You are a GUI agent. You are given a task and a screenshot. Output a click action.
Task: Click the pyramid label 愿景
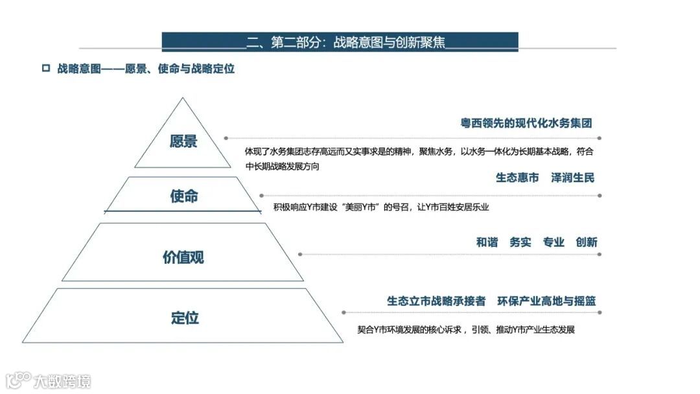pyautogui.click(x=183, y=141)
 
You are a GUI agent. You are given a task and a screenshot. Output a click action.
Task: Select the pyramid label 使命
pyautogui.click(x=183, y=196)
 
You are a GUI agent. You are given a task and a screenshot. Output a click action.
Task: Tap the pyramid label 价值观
pyautogui.click(x=183, y=257)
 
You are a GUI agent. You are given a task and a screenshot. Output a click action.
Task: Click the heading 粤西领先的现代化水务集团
pyautogui.click(x=526, y=123)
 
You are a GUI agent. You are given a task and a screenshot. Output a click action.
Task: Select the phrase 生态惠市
pyautogui.click(x=517, y=178)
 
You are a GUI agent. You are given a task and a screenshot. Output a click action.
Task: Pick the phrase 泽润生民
pyautogui.click(x=573, y=178)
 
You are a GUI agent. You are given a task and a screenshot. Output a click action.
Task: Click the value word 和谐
pyautogui.click(x=487, y=242)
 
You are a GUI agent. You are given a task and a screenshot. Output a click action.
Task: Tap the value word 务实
pyautogui.click(x=520, y=242)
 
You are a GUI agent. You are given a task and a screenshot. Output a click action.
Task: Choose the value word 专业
pyautogui.click(x=554, y=242)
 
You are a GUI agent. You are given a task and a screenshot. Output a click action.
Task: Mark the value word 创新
pyautogui.click(x=586, y=242)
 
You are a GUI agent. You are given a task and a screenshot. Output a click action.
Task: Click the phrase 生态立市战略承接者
pyautogui.click(x=436, y=301)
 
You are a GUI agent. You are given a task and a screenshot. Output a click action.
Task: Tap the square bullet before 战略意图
pyautogui.click(x=45, y=68)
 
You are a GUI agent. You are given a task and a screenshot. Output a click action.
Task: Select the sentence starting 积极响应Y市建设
pyautogui.click(x=381, y=207)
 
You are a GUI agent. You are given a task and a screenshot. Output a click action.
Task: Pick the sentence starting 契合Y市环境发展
pyautogui.click(x=466, y=330)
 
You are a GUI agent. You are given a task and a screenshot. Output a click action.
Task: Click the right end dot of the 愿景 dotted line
pyautogui.click(x=599, y=138)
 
